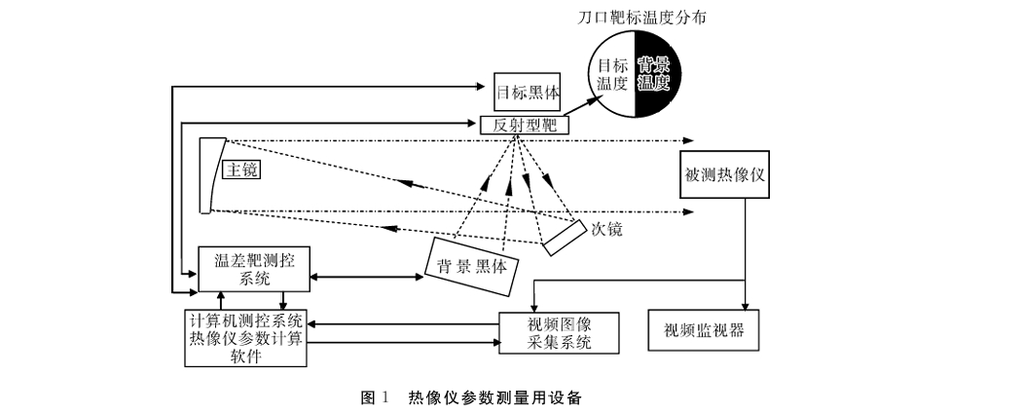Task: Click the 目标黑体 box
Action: tap(528, 92)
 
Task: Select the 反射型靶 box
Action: tap(525, 126)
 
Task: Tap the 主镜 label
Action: tap(241, 170)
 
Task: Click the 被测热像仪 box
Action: tap(724, 175)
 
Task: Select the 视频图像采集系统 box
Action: tap(559, 333)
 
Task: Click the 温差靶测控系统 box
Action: tap(254, 269)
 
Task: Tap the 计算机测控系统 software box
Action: tap(245, 338)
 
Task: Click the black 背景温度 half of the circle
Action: tap(658, 74)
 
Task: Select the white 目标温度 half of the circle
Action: tap(612, 74)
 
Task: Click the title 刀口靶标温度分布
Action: tap(642, 18)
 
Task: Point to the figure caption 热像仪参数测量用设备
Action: tap(494, 397)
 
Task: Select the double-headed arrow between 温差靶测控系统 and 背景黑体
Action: tap(367, 278)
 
